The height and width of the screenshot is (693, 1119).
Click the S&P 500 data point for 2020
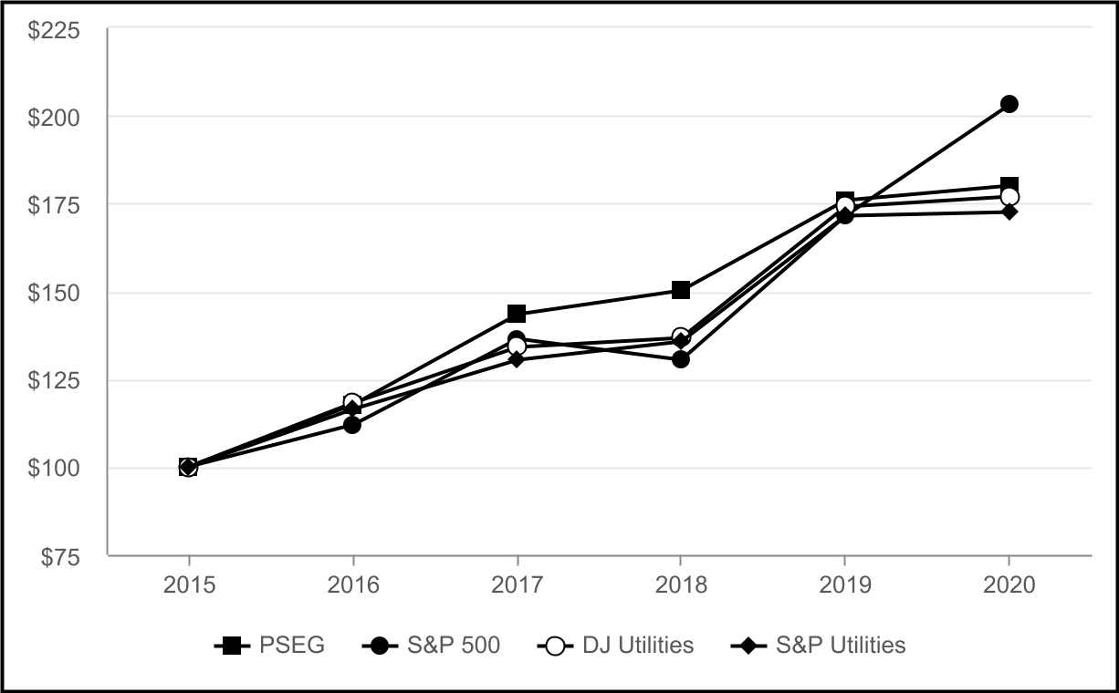pyautogui.click(x=1009, y=104)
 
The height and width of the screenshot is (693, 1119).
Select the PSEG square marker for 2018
pyautogui.click(x=681, y=290)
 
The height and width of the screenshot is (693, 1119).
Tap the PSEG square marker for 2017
pyautogui.click(x=517, y=314)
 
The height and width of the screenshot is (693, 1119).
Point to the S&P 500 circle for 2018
pyautogui.click(x=681, y=359)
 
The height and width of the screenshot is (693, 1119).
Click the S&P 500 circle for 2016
pyautogui.click(x=352, y=425)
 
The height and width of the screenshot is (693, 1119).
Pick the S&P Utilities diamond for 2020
pyautogui.click(x=1009, y=212)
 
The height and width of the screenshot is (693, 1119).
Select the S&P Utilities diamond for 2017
pyautogui.click(x=517, y=359)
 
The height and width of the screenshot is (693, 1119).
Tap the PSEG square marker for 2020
pyautogui.click(x=1009, y=186)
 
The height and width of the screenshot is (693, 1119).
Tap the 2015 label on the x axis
pyautogui.click(x=189, y=585)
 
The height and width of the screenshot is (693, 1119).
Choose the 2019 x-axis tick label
pyautogui.click(x=844, y=585)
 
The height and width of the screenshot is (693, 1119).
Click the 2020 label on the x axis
pyautogui.click(x=1009, y=585)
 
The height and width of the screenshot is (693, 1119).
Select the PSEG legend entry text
pyautogui.click(x=292, y=646)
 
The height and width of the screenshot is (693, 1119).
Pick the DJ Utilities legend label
pyautogui.click(x=637, y=646)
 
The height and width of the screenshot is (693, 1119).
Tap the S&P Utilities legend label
pyautogui.click(x=841, y=646)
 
